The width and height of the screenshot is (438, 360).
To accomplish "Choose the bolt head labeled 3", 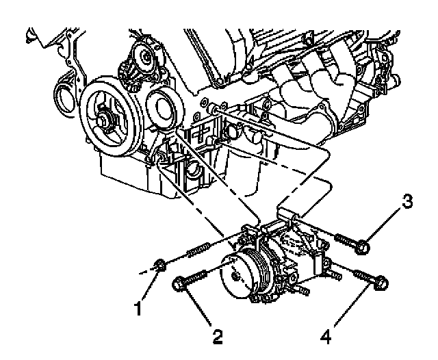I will (363, 246).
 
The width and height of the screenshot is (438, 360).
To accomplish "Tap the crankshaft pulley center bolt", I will (106, 120).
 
